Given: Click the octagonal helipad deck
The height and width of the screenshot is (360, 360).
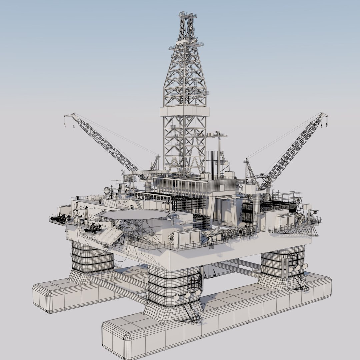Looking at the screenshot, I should tap(135, 214).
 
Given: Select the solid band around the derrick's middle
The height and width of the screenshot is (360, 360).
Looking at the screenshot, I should tap(185, 111).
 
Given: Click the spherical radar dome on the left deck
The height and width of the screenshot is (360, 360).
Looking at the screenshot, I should tap(107, 191).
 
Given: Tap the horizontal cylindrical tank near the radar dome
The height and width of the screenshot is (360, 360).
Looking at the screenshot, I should tap(94, 197).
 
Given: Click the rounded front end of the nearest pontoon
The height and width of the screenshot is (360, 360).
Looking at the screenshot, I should tap(115, 340).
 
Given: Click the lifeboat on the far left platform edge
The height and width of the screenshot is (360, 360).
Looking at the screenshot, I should tap(59, 218).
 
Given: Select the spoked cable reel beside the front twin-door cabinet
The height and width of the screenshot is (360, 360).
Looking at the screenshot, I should tap(171, 238).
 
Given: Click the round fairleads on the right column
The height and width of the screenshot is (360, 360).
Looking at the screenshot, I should tap(298, 268).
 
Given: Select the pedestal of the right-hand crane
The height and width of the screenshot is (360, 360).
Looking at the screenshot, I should tap(256, 203).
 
